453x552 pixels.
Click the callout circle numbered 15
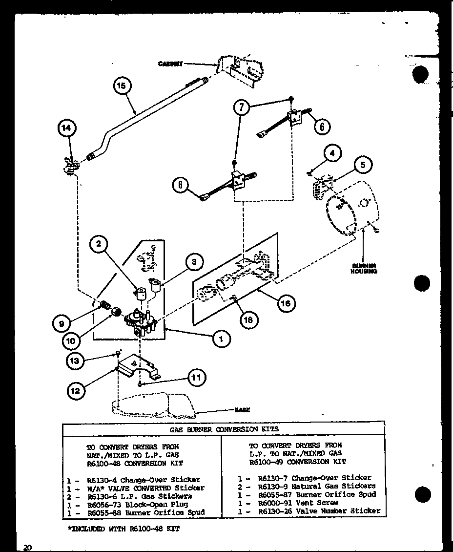[x=122, y=86]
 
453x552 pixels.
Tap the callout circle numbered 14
[x=66, y=128]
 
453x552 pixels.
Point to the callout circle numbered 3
[x=194, y=262]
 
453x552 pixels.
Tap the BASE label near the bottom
[x=242, y=410]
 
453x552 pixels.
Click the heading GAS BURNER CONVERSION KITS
[x=223, y=429]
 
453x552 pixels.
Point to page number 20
[x=27, y=548]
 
